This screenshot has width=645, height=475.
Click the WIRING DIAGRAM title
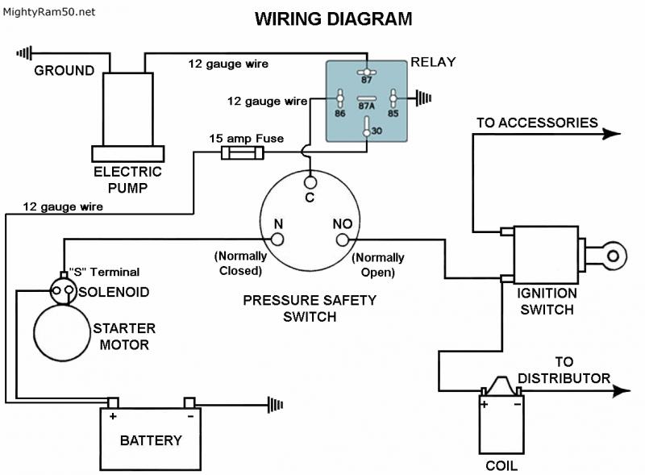[x=333, y=18]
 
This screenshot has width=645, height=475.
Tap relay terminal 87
[x=367, y=69]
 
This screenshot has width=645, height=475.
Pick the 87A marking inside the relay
[x=367, y=104]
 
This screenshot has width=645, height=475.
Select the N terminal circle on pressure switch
[x=277, y=239]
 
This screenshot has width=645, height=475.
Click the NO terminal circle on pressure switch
[x=341, y=239]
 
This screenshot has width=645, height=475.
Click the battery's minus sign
[x=189, y=418]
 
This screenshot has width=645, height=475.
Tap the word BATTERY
[x=151, y=441]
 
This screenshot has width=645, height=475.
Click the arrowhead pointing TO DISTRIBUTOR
[x=621, y=391]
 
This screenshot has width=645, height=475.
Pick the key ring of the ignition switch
[x=613, y=256]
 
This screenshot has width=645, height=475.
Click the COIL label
[x=501, y=466]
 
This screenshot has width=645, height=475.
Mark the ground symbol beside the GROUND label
[x=25, y=54]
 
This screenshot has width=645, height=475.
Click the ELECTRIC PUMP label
[x=128, y=178]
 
